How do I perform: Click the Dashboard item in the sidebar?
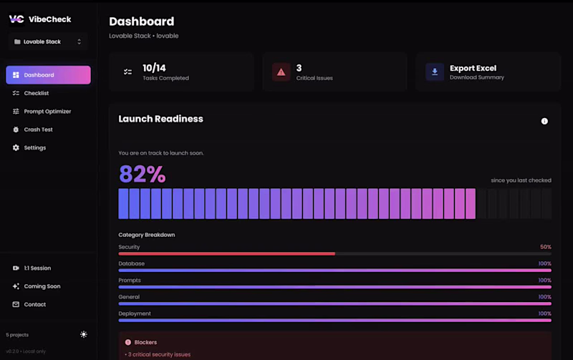(48, 75)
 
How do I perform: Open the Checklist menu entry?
(36, 93)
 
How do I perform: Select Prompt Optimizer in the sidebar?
(47, 112)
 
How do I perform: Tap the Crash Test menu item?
(38, 130)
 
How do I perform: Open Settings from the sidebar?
(34, 148)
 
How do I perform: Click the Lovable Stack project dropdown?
(48, 42)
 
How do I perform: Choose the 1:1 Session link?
(37, 268)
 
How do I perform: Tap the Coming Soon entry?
(42, 286)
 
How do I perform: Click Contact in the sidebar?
(34, 305)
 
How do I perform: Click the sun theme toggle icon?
(84, 334)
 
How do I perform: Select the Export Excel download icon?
(435, 72)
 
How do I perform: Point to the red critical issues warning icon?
(281, 72)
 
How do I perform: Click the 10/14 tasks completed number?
(154, 68)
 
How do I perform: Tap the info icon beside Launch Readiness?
(544, 121)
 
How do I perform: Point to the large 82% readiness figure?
(142, 174)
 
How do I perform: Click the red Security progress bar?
(226, 253)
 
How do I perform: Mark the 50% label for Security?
(545, 247)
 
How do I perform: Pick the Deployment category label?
(134, 313)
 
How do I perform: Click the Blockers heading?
(145, 342)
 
